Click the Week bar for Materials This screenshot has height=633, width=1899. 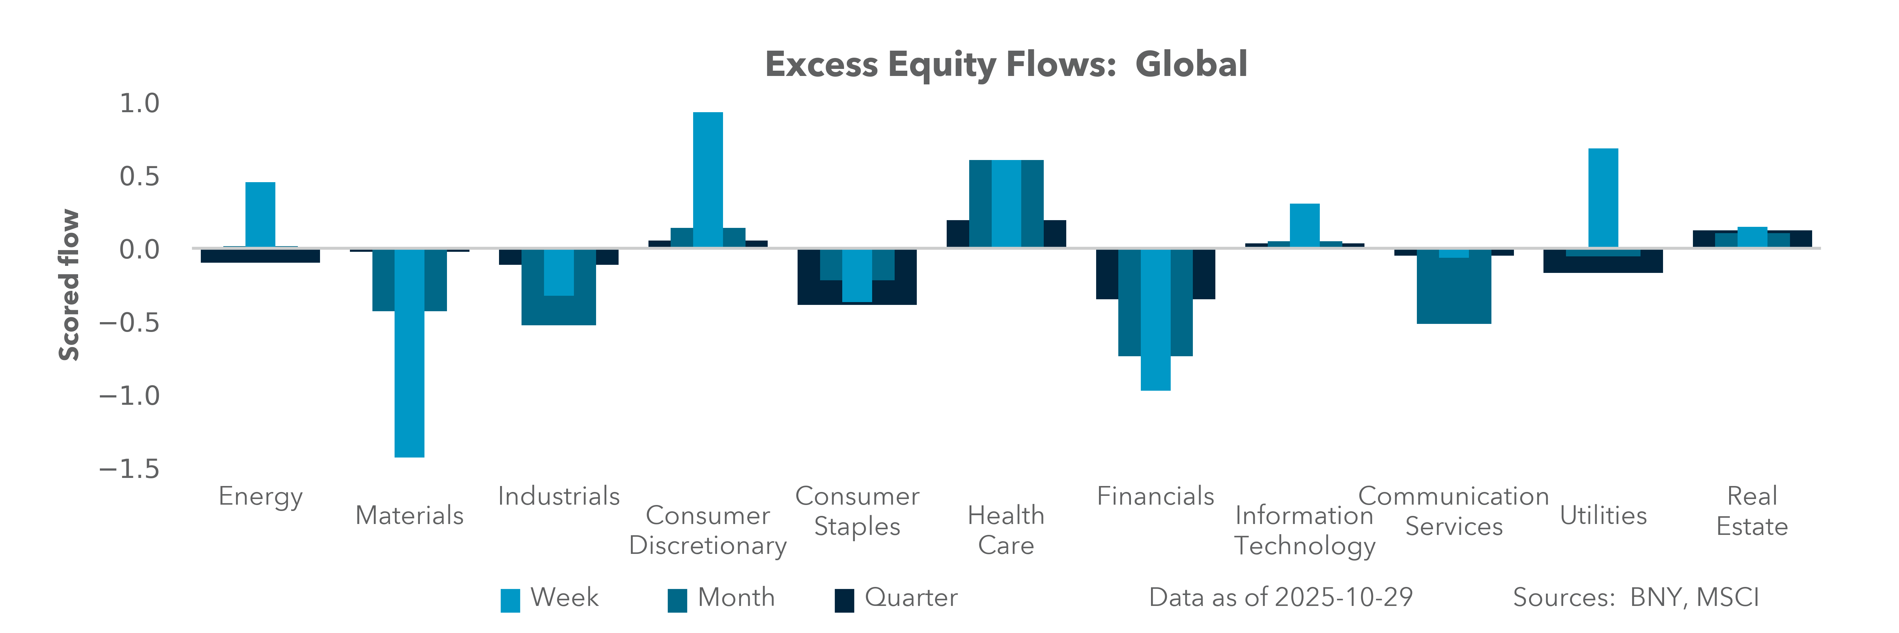click(409, 354)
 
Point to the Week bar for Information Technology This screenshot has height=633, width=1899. click(1304, 225)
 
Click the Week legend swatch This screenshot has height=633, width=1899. click(510, 600)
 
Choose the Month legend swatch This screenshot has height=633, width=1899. click(677, 600)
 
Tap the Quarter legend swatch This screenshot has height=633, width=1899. click(844, 600)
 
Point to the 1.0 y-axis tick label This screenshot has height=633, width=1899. click(139, 104)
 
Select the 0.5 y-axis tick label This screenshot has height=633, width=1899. click(139, 177)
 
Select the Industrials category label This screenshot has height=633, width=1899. click(559, 496)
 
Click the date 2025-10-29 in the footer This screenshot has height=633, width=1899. click(1343, 597)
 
